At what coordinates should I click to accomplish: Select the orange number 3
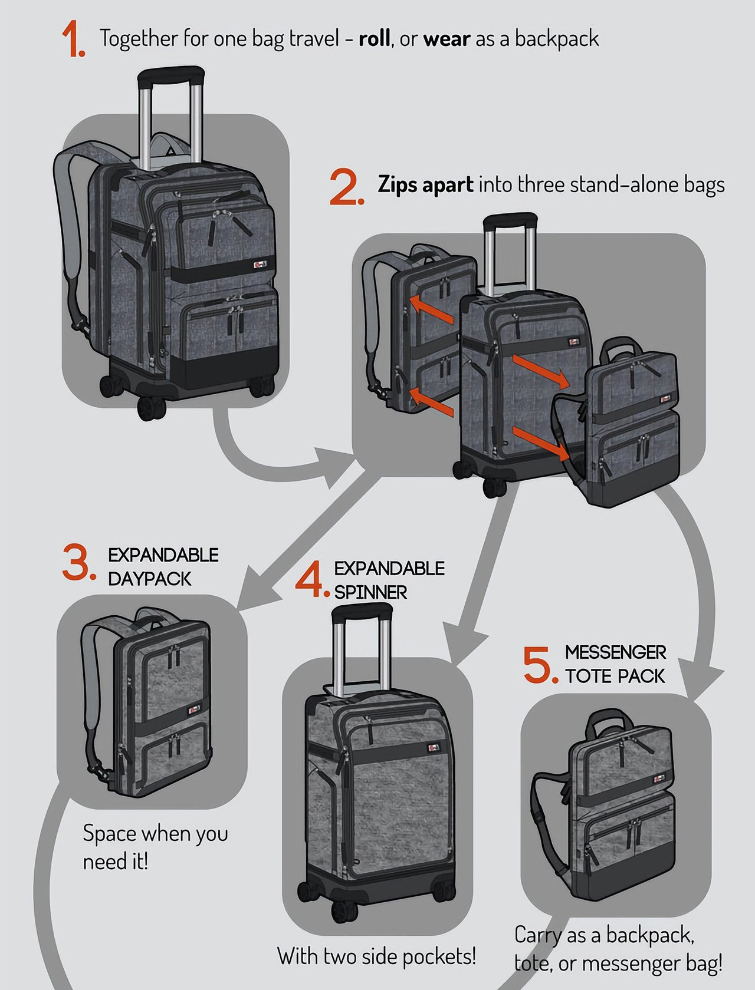tap(78, 564)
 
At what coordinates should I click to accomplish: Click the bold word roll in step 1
tap(375, 39)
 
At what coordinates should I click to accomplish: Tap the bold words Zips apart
tap(425, 184)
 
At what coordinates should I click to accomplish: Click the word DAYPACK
tap(150, 579)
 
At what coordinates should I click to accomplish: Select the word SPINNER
tap(370, 592)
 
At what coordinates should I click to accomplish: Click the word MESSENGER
tap(615, 652)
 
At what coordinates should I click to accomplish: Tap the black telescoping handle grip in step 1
tap(170, 76)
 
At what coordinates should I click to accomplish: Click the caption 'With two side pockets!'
tap(376, 956)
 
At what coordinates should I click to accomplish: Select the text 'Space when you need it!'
tap(155, 847)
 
